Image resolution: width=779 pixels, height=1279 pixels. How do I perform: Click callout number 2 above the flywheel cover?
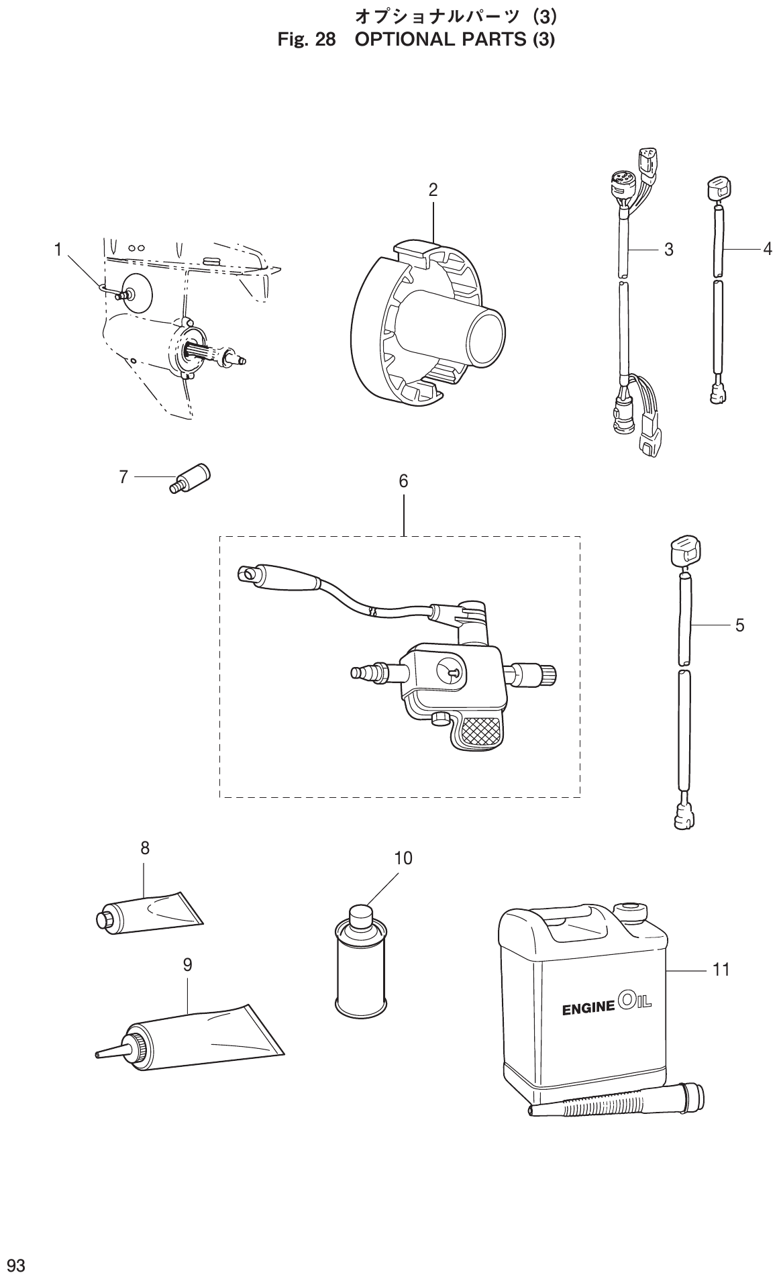tap(433, 190)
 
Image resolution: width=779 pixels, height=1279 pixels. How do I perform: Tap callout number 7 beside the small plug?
tap(123, 477)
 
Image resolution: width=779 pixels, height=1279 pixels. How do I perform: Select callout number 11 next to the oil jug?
tap(721, 970)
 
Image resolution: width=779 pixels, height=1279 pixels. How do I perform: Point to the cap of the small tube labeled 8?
tap(105, 919)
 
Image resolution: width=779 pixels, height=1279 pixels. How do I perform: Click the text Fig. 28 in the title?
tap(307, 40)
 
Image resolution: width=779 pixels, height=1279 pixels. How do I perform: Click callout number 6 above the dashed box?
tap(403, 481)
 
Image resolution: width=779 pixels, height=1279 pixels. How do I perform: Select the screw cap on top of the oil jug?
tap(631, 911)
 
